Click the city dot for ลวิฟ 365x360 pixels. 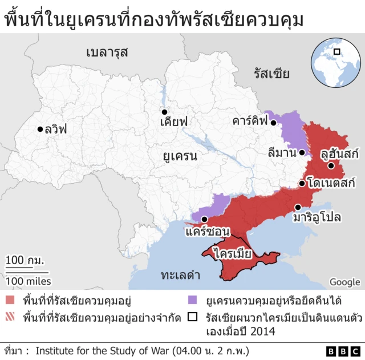[x=40, y=129]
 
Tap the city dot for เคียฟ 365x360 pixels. [x=164, y=112]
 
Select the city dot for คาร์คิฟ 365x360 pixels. [x=274, y=122]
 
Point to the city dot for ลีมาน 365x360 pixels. [x=302, y=152]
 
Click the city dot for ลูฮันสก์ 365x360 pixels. [x=331, y=165]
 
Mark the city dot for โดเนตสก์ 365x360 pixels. [x=302, y=184]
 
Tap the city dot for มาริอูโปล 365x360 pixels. [x=297, y=207]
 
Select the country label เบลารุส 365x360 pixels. [x=107, y=52]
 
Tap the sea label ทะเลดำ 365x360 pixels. [x=180, y=275]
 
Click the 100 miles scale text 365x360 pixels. [x=29, y=281]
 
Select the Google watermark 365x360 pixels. [x=344, y=281]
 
